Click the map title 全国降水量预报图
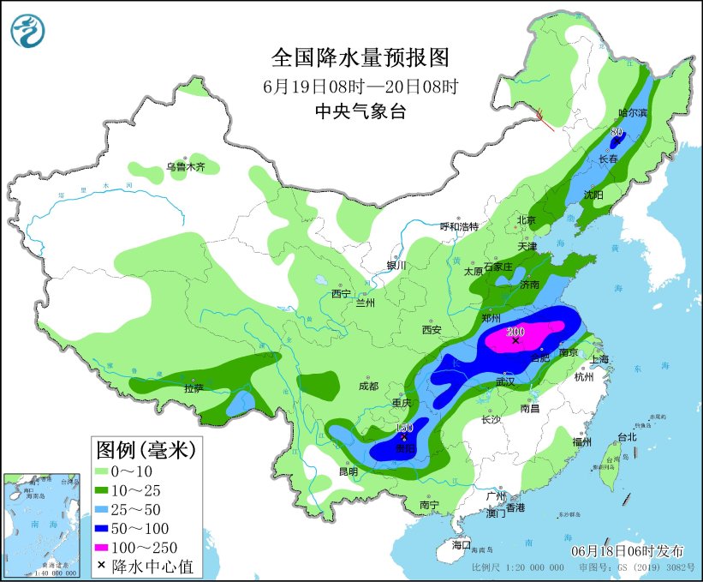point(360,57)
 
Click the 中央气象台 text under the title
point(360,111)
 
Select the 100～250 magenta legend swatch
point(108,546)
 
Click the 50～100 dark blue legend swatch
point(108,527)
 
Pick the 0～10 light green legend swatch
point(108,471)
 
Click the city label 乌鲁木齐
point(186,167)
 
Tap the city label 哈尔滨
point(634,113)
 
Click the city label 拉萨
point(194,388)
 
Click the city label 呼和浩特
point(459,226)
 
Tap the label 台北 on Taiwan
point(627,436)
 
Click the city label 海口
point(462,544)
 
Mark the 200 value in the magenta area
point(515,331)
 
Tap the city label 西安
point(431,330)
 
